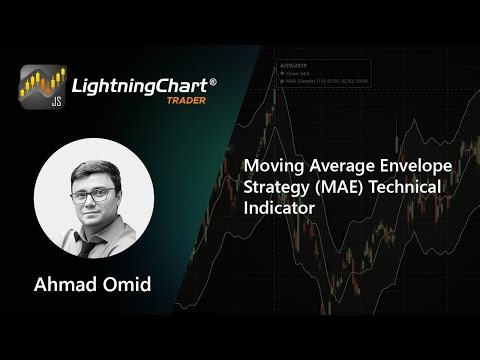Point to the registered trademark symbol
point(213,77)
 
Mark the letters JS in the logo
point(29,101)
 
